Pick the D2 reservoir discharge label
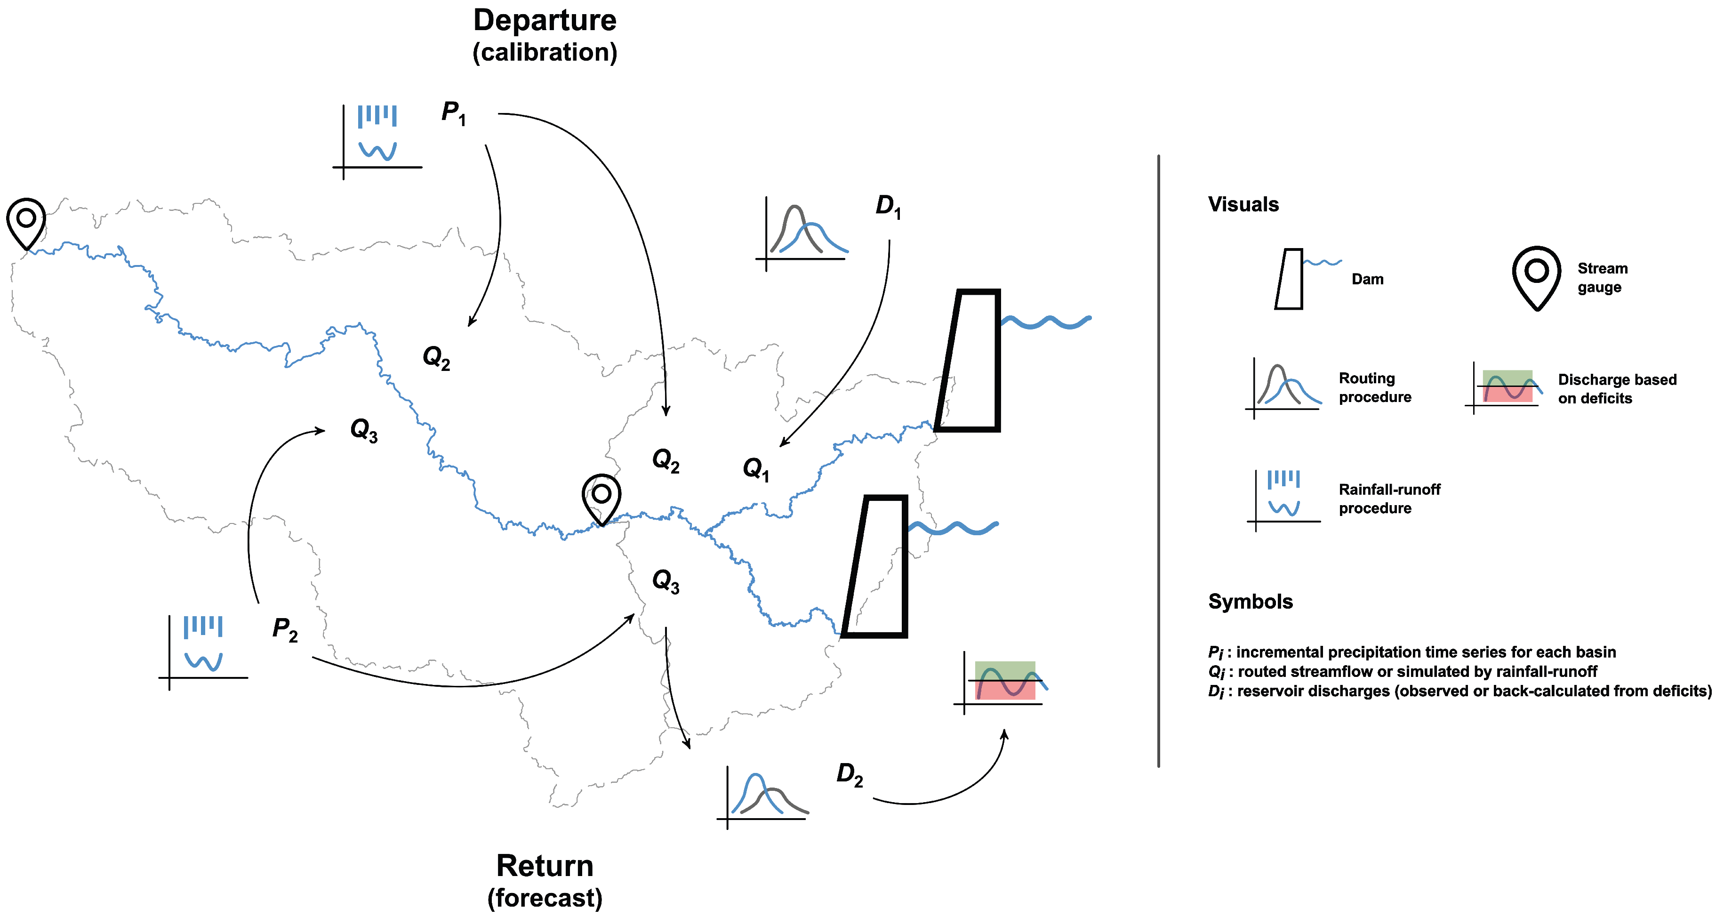click(x=850, y=775)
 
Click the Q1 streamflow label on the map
click(x=756, y=469)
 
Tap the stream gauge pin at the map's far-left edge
click(x=26, y=222)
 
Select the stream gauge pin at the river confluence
click(x=601, y=499)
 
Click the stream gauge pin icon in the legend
click(x=1536, y=277)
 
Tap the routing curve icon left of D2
click(x=763, y=796)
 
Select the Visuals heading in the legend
click(x=1243, y=205)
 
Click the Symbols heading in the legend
click(x=1251, y=602)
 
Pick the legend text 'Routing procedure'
click(x=1375, y=388)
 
